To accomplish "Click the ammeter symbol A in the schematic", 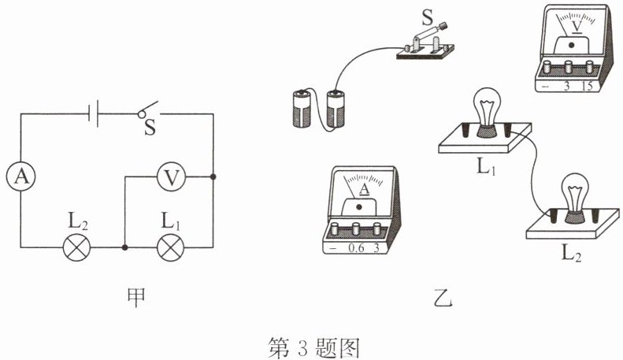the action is [x=21, y=176].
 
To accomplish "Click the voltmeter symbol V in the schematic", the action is [x=171, y=176].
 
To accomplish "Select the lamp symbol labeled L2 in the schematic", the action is [x=76, y=247].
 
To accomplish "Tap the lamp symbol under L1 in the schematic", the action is [x=171, y=247].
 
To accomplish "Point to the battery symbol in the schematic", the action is [x=93, y=114].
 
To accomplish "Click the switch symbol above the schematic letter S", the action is [x=148, y=110].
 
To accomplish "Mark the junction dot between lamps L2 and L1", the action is [x=124, y=247].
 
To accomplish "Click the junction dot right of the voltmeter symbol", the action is [x=213, y=176].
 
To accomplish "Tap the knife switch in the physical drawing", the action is [x=425, y=43].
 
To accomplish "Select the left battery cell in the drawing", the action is [x=302, y=109].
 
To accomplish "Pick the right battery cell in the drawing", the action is [x=336, y=109].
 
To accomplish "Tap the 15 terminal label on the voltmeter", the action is [x=588, y=86].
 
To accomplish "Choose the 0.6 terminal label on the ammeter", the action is [x=355, y=248].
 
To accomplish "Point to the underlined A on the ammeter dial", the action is [x=365, y=190].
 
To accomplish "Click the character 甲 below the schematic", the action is [x=136, y=297].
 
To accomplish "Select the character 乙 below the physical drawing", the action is [x=443, y=298].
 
